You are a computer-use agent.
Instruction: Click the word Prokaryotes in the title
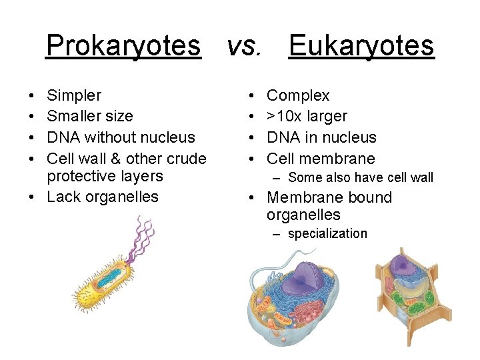(123, 46)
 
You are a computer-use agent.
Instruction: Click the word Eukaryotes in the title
(361, 46)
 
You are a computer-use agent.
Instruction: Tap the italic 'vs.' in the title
(244, 46)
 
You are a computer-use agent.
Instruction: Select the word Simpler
(74, 96)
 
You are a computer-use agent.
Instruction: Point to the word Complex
(298, 96)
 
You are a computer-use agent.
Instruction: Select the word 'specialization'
(327, 234)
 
